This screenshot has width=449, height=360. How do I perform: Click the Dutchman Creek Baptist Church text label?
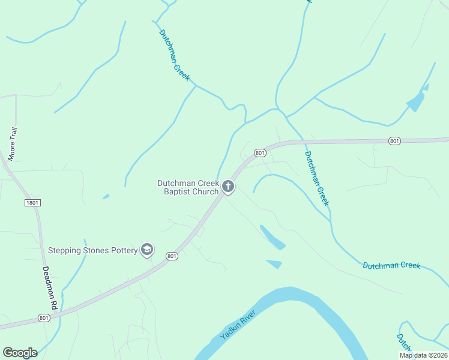188,187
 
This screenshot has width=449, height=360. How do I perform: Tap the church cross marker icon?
228,187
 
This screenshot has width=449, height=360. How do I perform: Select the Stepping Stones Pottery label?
93,250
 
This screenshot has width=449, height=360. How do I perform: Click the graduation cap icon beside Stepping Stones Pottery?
147,250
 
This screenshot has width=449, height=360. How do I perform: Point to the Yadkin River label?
238,326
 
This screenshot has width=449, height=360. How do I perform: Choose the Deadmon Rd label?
49,288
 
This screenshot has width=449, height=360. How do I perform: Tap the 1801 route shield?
32,203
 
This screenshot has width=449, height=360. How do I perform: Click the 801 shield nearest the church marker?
259,153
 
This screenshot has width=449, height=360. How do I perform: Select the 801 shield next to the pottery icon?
172,256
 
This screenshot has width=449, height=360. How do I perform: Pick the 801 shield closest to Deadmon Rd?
43,317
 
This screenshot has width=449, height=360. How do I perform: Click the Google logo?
20,353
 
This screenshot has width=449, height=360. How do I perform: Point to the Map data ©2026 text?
423,355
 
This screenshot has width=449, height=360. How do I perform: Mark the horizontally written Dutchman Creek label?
391,265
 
